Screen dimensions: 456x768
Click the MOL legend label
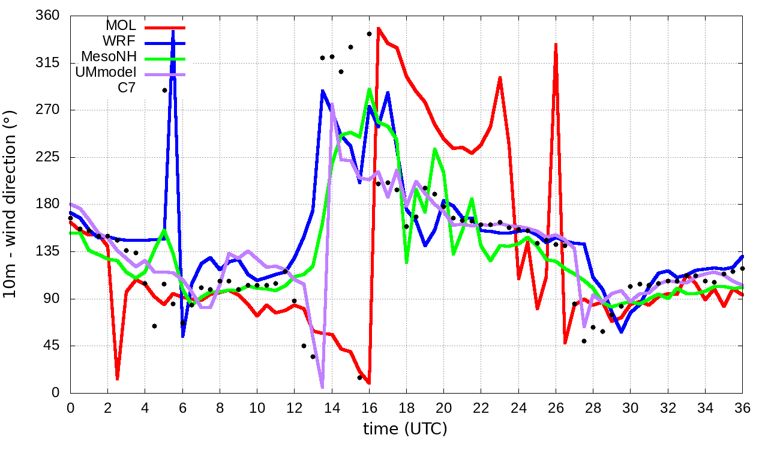point(121,26)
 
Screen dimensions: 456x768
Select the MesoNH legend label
point(110,57)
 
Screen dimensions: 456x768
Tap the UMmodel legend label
point(106,73)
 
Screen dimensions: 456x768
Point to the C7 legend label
point(127,88)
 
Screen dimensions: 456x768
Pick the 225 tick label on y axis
point(48,157)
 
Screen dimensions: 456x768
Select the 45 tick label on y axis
point(52,346)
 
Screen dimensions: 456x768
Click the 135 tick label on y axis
point(48,251)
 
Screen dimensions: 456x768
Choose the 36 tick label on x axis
point(742,407)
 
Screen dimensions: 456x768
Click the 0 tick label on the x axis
point(70,407)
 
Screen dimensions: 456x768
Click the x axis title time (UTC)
point(406,430)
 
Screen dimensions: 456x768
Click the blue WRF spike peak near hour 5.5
point(173,31)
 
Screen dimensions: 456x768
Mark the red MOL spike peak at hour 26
point(556,44)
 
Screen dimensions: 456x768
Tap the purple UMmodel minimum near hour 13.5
point(322,387)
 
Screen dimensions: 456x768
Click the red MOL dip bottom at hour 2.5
point(117,379)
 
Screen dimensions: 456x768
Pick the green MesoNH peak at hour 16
point(369,89)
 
